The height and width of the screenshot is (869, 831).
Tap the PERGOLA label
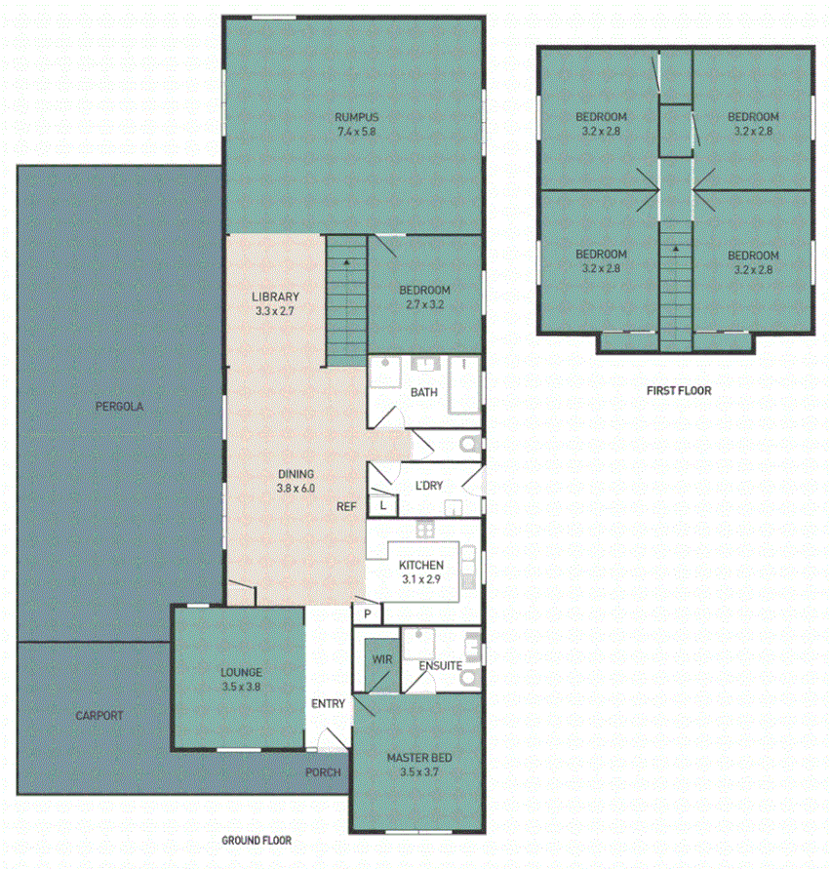click(x=118, y=407)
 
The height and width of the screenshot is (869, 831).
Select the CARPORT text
click(x=99, y=715)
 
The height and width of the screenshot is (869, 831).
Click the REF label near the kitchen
click(x=346, y=506)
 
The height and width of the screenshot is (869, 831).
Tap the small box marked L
click(x=383, y=505)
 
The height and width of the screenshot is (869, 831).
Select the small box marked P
click(x=368, y=613)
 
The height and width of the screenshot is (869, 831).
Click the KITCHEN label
click(x=421, y=565)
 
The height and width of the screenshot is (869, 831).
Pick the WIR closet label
click(x=382, y=660)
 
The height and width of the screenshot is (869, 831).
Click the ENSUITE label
click(x=440, y=666)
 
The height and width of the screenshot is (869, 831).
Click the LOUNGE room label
click(x=241, y=672)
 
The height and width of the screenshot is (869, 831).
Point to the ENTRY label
click(x=328, y=703)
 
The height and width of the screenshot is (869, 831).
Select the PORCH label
click(x=323, y=772)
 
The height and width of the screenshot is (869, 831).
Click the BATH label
click(x=423, y=392)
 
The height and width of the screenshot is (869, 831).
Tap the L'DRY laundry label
click(x=429, y=485)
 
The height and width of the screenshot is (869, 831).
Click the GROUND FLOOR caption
click(x=256, y=840)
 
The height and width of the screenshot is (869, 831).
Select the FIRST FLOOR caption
click(x=679, y=390)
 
